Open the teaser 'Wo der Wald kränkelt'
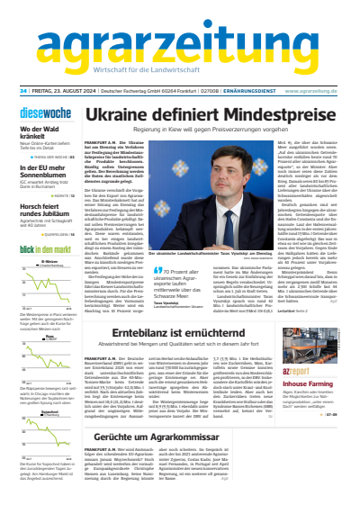coord(34,133)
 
